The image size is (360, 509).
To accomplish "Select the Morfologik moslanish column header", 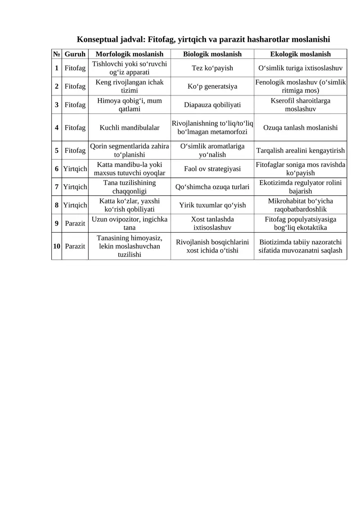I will [x=130, y=54].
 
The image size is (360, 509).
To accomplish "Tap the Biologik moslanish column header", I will [x=212, y=54].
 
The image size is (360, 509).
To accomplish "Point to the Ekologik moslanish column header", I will [x=300, y=54].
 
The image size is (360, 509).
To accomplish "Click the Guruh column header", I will [x=75, y=54].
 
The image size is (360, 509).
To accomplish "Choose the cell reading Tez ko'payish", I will [x=212, y=68].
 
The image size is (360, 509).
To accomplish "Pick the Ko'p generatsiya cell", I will [x=212, y=86].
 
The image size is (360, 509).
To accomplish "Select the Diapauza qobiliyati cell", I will [x=212, y=105].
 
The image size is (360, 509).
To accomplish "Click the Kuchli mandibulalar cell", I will [x=130, y=127].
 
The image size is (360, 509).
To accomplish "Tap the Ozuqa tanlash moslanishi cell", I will [x=300, y=127].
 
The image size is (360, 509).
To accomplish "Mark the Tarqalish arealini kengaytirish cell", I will [x=300, y=150].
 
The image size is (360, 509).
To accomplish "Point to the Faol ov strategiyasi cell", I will [x=212, y=169].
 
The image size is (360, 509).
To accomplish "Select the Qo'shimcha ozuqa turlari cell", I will [x=212, y=187].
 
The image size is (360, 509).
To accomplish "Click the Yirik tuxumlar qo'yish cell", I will [x=212, y=205].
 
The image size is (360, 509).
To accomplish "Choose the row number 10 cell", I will [x=57, y=246].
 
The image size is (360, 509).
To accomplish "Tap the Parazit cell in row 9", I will [x=75, y=224].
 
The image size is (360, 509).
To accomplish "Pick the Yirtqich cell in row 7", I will [x=75, y=187].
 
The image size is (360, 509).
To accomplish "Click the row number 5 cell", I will [x=57, y=150].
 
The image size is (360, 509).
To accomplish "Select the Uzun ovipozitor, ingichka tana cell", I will [x=130, y=224].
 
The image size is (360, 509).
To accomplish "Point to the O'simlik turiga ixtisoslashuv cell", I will [x=300, y=68].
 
